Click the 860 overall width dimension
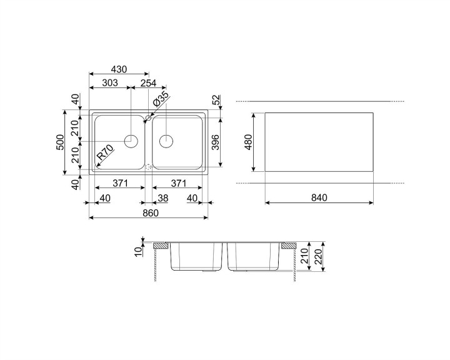[150, 212]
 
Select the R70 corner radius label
[104, 153]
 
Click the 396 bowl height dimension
[214, 144]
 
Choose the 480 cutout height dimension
[247, 142]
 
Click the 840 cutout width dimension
[319, 198]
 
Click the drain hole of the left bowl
[131, 141]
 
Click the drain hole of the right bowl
[167, 141]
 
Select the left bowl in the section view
[197, 256]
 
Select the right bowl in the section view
[253, 256]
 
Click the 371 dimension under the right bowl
[179, 184]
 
